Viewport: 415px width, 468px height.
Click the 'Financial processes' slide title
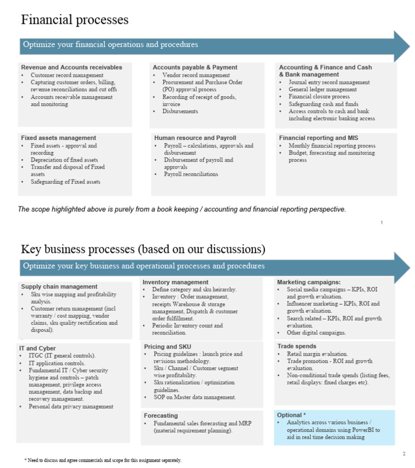point(75,20)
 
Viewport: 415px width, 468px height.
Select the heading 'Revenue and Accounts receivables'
point(72,68)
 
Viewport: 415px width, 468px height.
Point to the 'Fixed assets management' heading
point(58,138)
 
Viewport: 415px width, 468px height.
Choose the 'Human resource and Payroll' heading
point(195,138)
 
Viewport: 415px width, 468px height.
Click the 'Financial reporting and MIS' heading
point(318,138)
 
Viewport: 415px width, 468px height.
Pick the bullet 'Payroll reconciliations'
point(191,175)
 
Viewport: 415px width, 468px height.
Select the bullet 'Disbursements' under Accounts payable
point(180,111)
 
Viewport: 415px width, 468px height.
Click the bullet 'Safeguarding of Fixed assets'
point(65,182)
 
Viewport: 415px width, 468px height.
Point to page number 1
point(381,223)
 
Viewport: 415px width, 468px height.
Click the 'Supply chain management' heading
point(59,286)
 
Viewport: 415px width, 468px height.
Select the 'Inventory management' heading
point(176,282)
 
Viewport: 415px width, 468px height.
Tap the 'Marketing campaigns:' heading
point(309,282)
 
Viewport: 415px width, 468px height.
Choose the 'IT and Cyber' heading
point(37,348)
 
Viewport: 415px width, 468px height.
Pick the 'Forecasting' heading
point(160,416)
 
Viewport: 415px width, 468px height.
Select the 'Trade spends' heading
point(297,346)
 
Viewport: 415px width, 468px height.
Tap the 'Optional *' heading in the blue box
point(292,415)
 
